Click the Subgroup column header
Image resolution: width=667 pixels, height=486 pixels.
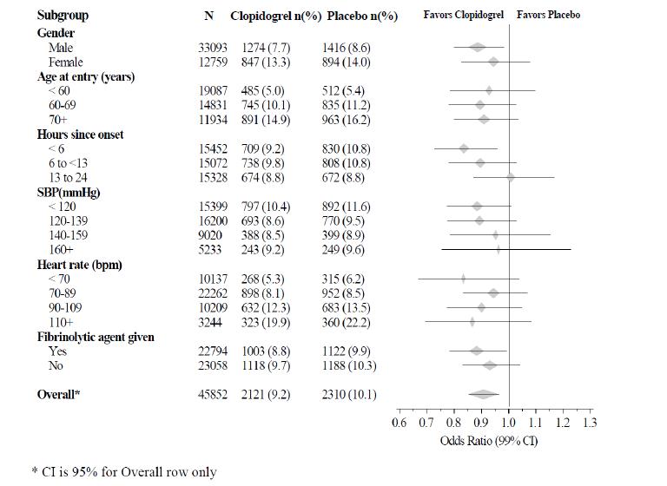pyautogui.click(x=63, y=16)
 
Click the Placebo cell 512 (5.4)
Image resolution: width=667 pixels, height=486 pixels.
pyautogui.click(x=346, y=91)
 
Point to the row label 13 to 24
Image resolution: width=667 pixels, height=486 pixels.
pyautogui.click(x=69, y=178)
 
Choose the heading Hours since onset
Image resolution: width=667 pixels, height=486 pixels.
pyautogui.click(x=80, y=135)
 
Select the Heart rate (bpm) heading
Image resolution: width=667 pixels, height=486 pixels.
pyautogui.click(x=82, y=264)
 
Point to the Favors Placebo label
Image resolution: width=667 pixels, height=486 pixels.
pyautogui.click(x=548, y=16)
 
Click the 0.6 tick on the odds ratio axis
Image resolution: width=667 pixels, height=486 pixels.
pyautogui.click(x=399, y=424)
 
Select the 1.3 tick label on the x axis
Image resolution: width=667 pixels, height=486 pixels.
pyautogui.click(x=590, y=424)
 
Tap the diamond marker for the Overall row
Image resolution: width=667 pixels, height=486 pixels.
pyautogui.click(x=484, y=394)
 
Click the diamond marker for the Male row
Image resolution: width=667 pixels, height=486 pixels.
pyautogui.click(x=477, y=48)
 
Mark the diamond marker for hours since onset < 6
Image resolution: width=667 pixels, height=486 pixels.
pyautogui.click(x=464, y=148)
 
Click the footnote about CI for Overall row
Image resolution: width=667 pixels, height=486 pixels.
pyautogui.click(x=123, y=472)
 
